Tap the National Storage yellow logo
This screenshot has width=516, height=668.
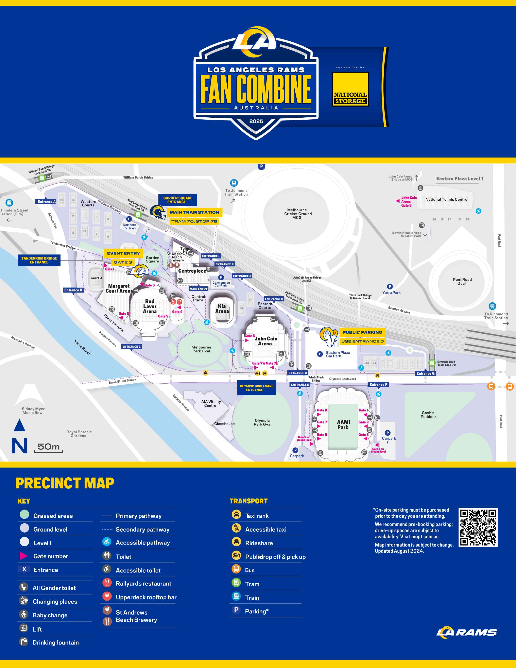click(350, 89)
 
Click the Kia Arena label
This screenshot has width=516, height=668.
click(222, 309)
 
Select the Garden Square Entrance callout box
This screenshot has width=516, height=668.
click(178, 200)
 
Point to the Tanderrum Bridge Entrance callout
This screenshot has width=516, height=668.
click(39, 260)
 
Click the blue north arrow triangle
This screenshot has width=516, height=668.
click(19, 425)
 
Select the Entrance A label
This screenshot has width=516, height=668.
click(47, 202)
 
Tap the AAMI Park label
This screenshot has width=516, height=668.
click(343, 424)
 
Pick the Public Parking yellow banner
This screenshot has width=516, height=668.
click(362, 332)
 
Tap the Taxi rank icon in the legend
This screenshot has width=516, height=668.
click(236, 514)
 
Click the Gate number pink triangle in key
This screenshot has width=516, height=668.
click(23, 556)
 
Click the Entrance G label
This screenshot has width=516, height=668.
click(425, 373)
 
